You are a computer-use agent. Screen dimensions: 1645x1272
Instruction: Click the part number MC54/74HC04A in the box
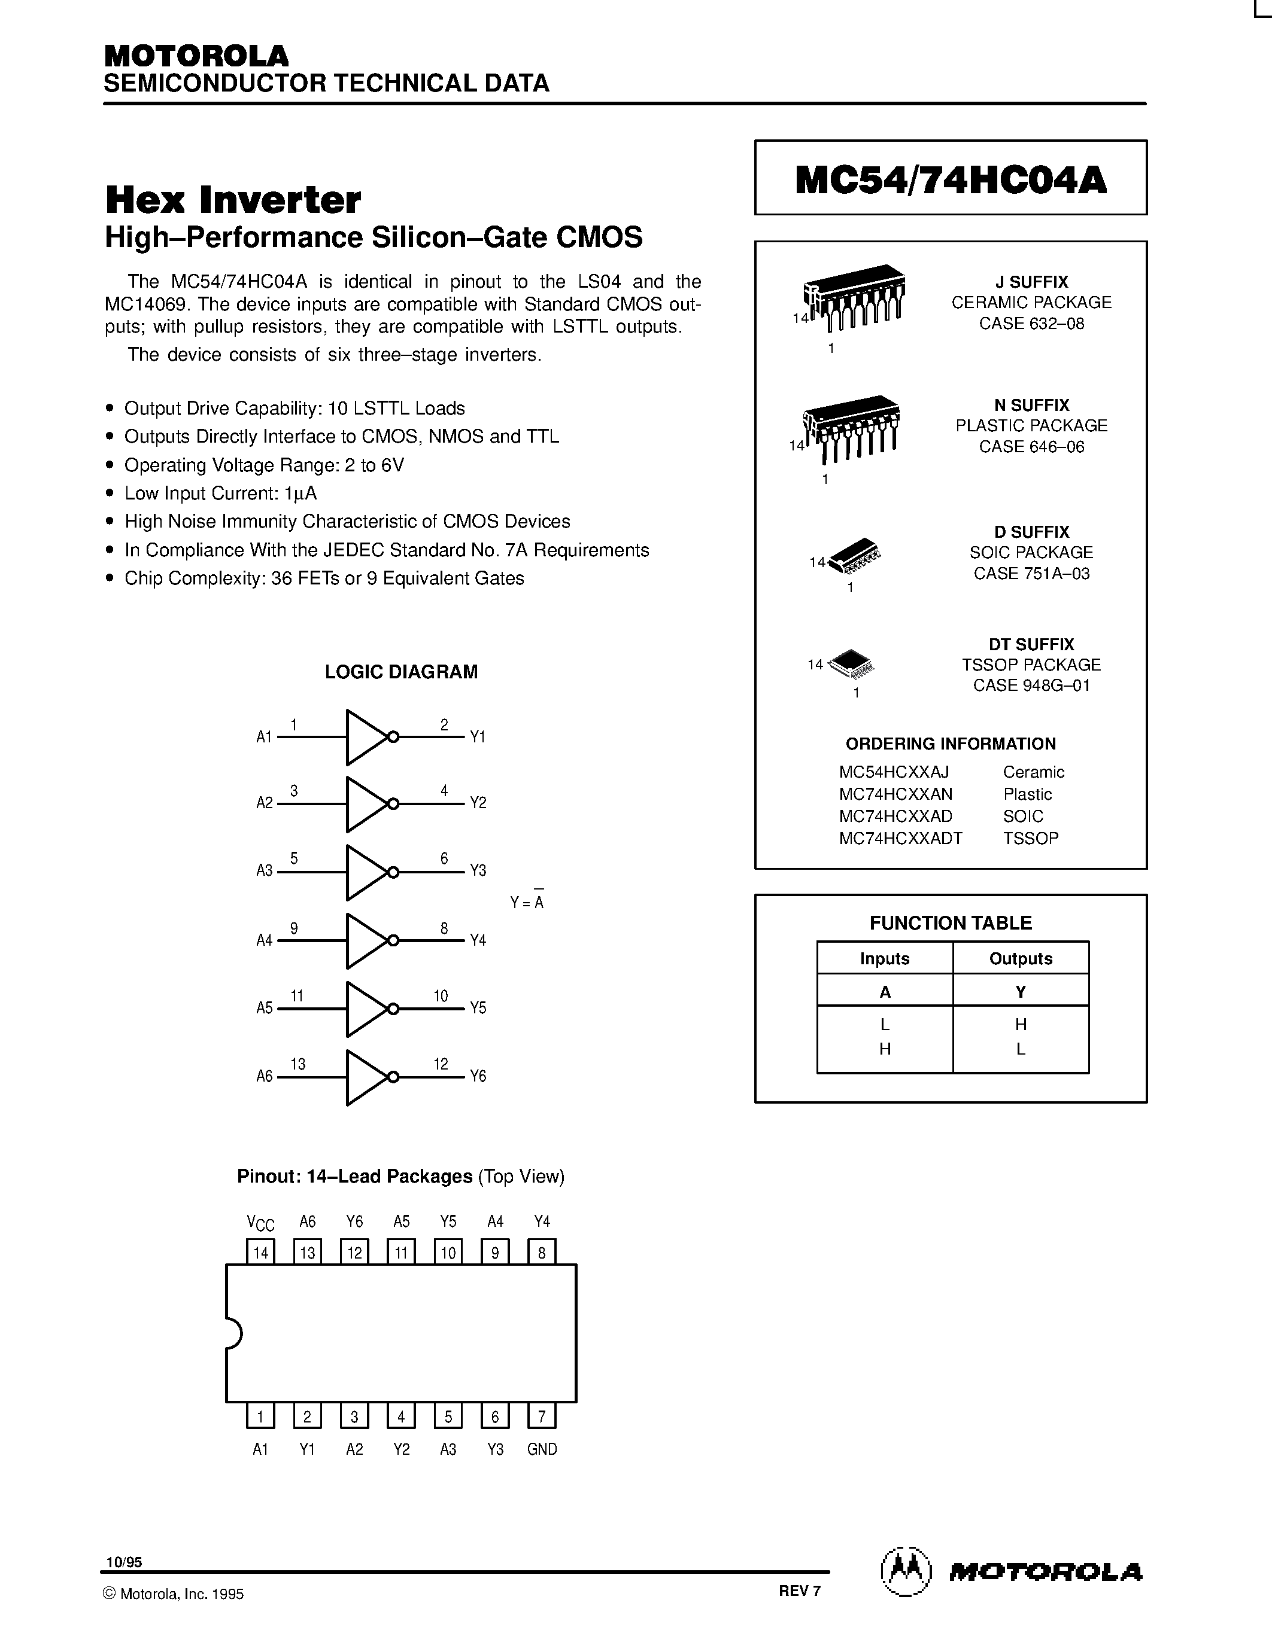(950, 179)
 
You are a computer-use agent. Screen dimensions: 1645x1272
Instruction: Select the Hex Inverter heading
(233, 200)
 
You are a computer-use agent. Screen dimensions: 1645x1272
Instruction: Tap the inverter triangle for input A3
(366, 872)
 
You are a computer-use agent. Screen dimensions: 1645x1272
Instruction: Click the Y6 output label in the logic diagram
(478, 1076)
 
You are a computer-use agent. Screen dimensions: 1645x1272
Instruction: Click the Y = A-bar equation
(527, 901)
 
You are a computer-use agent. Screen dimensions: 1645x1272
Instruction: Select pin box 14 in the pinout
(261, 1253)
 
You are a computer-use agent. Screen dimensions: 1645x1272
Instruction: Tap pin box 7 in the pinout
(542, 1416)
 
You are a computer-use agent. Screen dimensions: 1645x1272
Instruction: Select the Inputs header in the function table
(885, 958)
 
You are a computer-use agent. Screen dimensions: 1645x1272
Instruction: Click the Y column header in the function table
(1021, 992)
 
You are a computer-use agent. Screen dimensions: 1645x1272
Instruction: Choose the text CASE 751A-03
(1031, 573)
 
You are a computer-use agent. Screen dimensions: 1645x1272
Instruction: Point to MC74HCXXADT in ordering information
(900, 837)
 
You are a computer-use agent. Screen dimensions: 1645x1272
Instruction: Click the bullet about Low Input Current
(220, 493)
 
